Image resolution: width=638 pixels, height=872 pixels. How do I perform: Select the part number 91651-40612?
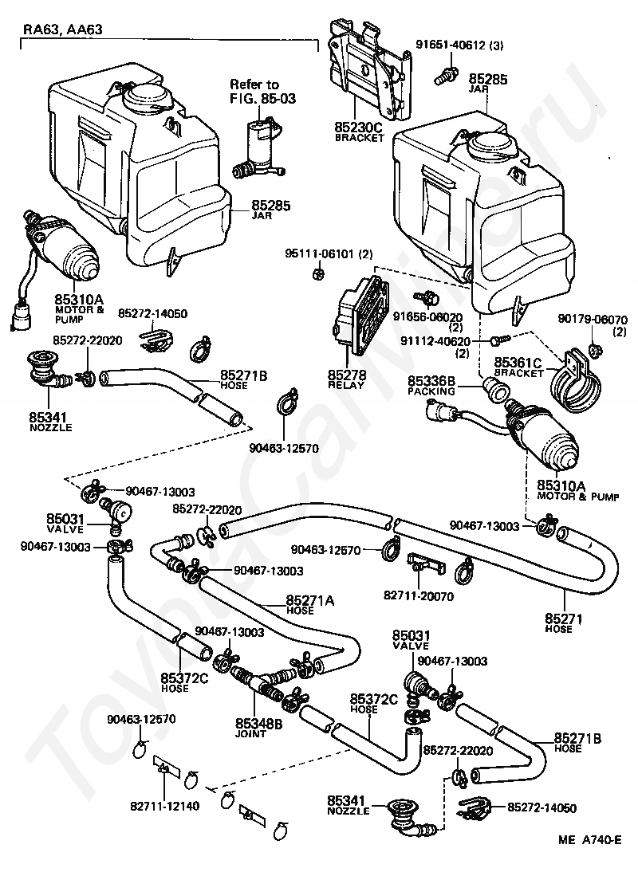click(451, 45)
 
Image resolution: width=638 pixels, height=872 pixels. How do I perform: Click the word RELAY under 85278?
click(346, 385)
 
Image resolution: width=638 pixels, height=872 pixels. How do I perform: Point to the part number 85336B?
click(431, 381)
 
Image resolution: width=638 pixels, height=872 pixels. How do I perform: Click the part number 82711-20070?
click(418, 596)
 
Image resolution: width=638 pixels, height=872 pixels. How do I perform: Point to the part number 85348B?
click(259, 724)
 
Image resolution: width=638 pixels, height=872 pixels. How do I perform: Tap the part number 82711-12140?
click(164, 805)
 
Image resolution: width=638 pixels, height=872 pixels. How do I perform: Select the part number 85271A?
click(310, 601)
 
